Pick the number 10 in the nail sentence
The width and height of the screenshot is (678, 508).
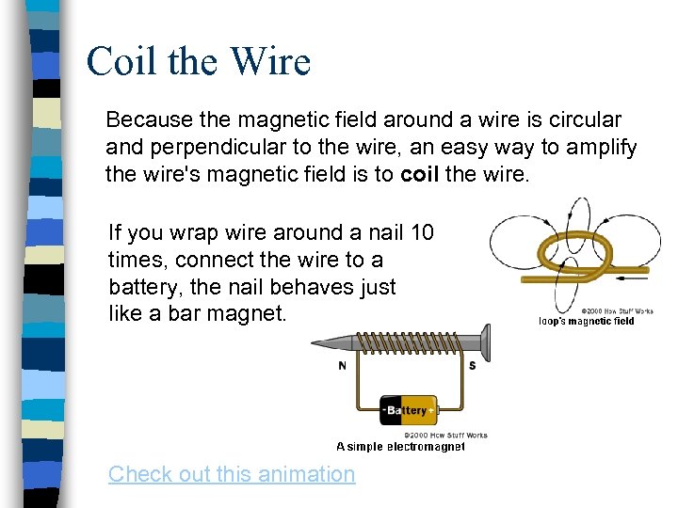pyautogui.click(x=422, y=231)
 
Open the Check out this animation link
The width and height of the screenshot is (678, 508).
pyautogui.click(x=232, y=474)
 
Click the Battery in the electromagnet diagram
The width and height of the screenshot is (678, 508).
pyautogui.click(x=409, y=411)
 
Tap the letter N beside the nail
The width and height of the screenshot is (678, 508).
pyautogui.click(x=343, y=366)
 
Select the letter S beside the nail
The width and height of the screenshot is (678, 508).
pyautogui.click(x=472, y=366)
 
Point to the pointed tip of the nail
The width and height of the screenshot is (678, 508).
pyautogui.click(x=316, y=343)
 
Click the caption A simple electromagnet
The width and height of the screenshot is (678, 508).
pyautogui.click(x=400, y=448)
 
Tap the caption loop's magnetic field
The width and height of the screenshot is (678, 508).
pyautogui.click(x=586, y=322)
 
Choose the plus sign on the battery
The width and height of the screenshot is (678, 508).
pyautogui.click(x=431, y=411)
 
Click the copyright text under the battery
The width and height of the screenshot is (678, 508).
pyautogui.click(x=445, y=436)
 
